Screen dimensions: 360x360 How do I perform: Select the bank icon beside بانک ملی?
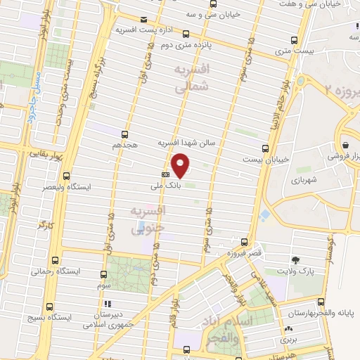pos(166,174)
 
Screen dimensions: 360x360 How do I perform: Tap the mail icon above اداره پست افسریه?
pos(144,20)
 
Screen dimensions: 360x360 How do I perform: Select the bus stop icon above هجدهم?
pos(124,134)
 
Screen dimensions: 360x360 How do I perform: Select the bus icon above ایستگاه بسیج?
pos(49,306)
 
